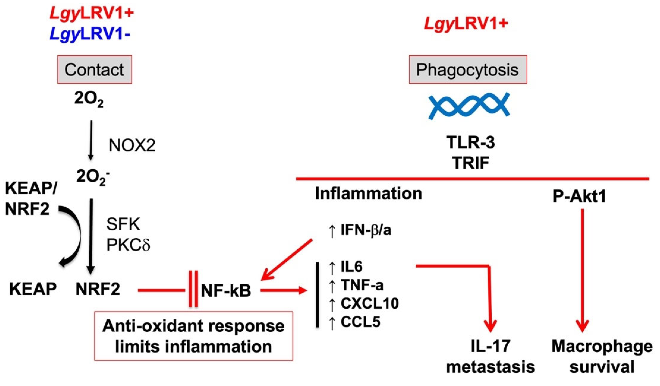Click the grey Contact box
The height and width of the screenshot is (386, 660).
(x=95, y=70)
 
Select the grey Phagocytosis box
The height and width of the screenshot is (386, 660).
(x=468, y=70)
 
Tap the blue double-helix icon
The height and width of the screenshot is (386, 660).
(x=469, y=106)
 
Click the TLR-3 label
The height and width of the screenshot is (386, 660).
(x=470, y=143)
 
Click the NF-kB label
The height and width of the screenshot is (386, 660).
(x=226, y=291)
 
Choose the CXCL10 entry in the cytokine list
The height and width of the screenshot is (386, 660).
(x=369, y=304)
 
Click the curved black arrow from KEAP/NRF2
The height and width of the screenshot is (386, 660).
(x=75, y=236)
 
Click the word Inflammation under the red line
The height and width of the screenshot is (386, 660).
(x=368, y=194)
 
